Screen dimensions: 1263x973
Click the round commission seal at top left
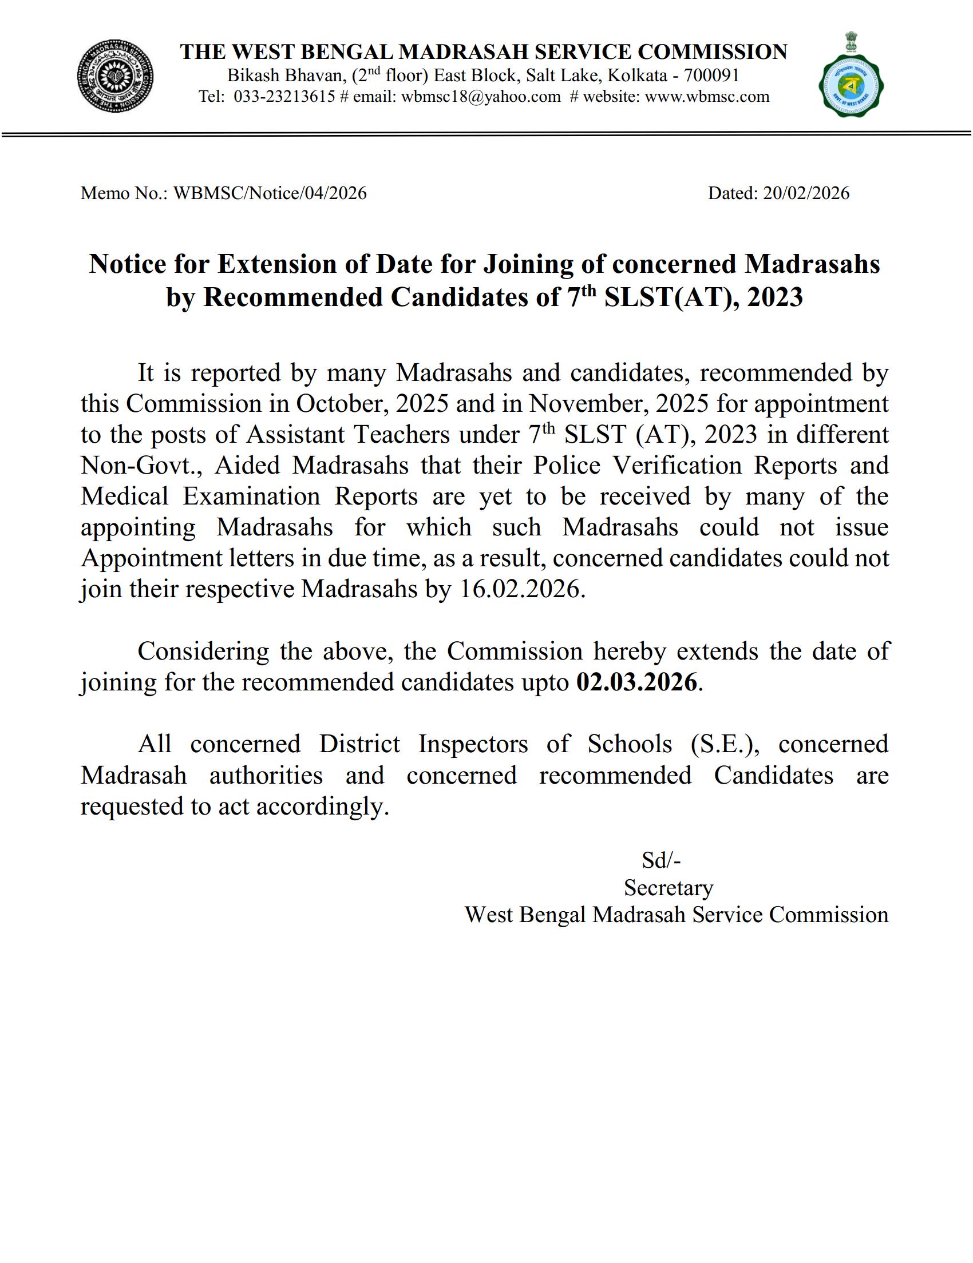(116, 76)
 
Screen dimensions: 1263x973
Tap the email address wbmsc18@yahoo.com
(481, 97)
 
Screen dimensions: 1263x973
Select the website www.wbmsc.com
(707, 97)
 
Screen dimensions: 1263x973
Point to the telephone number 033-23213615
(284, 97)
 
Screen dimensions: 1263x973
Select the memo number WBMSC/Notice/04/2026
(270, 193)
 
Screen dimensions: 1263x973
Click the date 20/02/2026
(806, 193)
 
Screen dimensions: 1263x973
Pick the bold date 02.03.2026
(636, 682)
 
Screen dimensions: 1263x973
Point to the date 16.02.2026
(519, 590)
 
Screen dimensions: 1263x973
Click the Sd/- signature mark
(661, 861)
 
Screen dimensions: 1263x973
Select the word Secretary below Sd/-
(668, 888)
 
